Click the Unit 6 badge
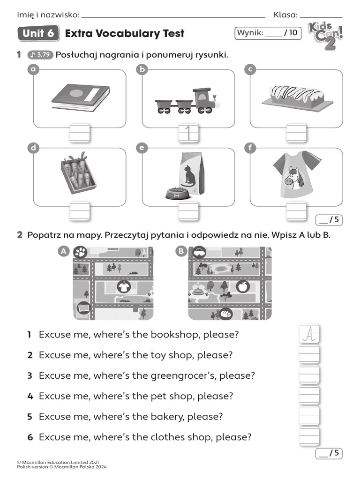(37, 33)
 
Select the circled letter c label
(250, 69)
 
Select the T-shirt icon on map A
(124, 286)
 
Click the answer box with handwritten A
(309, 334)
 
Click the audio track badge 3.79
(40, 55)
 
